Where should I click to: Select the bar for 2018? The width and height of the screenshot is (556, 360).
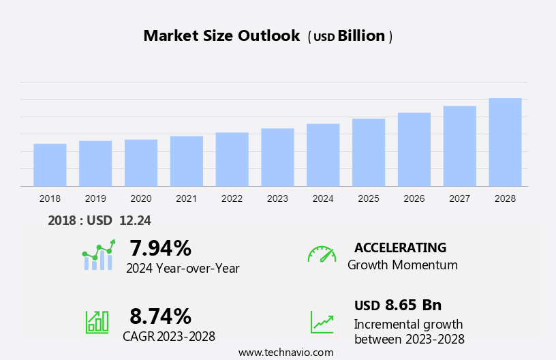coord(50,165)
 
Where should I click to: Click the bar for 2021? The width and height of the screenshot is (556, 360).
coord(187,161)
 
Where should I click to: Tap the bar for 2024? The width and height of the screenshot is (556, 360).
coord(323,155)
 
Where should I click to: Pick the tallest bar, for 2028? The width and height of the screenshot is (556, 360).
coord(505,142)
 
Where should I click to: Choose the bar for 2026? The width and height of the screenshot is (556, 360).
coord(414,149)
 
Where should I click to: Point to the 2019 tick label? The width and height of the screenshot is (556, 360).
coord(95,198)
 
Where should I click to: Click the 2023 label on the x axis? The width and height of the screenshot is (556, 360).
coord(277,198)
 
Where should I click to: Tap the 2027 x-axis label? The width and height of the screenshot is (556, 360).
coord(459,198)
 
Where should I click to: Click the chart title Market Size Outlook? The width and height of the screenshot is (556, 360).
coord(221,36)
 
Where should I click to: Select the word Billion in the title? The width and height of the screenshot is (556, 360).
coord(361,36)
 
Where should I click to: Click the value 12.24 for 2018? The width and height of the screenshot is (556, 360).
coord(136,220)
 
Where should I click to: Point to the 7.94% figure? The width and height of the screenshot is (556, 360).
coord(160,247)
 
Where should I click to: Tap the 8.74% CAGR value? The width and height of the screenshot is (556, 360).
coord(160,316)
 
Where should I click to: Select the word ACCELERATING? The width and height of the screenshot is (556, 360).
coord(400,247)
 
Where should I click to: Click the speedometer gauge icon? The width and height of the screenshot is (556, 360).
coord(322,254)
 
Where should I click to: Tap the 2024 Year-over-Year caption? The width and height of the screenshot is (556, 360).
coord(183,268)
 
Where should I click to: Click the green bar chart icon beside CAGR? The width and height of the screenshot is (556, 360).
coord(97,321)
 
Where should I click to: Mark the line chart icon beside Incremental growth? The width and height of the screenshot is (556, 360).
coord(322,322)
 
